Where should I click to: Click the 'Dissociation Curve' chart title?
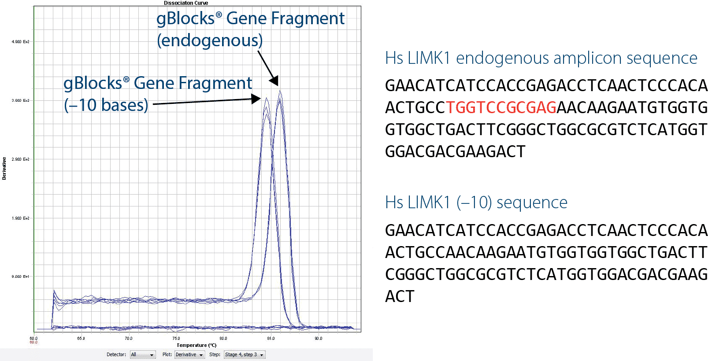point(186,3)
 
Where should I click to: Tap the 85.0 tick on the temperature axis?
point(271,339)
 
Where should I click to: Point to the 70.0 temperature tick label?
point(128,339)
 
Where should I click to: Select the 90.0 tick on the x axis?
point(318,339)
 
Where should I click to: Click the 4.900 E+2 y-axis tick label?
point(20,42)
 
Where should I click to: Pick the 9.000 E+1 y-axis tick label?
point(20,277)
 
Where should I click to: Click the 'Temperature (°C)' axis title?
point(196,345)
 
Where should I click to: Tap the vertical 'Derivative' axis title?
point(4,169)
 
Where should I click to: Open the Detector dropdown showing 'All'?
point(143,355)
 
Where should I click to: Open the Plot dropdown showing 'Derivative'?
point(189,355)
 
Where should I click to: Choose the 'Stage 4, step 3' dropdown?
point(245,355)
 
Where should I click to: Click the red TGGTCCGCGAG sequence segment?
point(501,107)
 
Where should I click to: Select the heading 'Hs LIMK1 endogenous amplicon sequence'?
point(541,58)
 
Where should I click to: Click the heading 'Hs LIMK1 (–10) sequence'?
point(476,203)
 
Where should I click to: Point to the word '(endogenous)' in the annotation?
point(210,41)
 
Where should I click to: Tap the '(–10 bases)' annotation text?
point(106,105)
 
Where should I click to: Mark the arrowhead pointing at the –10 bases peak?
point(256,99)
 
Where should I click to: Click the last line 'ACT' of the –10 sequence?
point(400,297)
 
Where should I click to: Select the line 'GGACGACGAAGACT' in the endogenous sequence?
point(455,152)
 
